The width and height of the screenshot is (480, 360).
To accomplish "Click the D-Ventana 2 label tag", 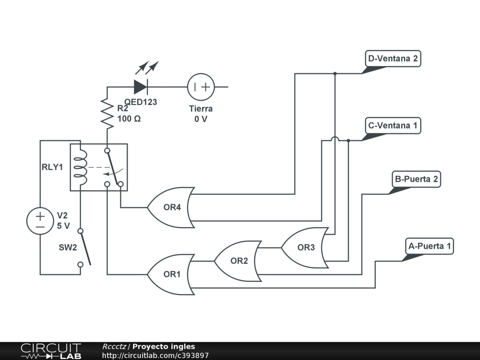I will pyautogui.click(x=392, y=59).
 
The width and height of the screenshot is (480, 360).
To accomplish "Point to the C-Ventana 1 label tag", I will pyautogui.click(x=392, y=126).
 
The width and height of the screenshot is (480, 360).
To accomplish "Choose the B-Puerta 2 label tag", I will pyautogui.click(x=416, y=179).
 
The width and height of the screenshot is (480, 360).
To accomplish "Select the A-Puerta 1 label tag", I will pyautogui.click(x=429, y=246).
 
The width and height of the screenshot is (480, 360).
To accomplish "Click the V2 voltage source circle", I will pyautogui.click(x=40, y=221).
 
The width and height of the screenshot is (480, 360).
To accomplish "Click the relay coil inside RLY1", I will pyautogui.click(x=81, y=167).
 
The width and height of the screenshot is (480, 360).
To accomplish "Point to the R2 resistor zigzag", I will pyautogui.click(x=107, y=114).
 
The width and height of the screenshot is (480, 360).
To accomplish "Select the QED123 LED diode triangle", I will pyautogui.click(x=141, y=87).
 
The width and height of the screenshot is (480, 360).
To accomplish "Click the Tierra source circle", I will pyautogui.click(x=201, y=87).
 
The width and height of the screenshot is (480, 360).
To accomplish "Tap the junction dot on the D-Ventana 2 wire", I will pyautogui.click(x=335, y=74).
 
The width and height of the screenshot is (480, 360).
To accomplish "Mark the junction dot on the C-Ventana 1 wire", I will pyautogui.click(x=348, y=140).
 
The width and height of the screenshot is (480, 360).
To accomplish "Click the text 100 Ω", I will pyautogui.click(x=129, y=119).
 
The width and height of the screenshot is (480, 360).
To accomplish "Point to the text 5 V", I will pyautogui.click(x=63, y=225).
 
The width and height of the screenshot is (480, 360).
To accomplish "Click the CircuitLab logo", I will pyautogui.click(x=51, y=351).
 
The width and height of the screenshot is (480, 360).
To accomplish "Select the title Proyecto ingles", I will pyautogui.click(x=164, y=347).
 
